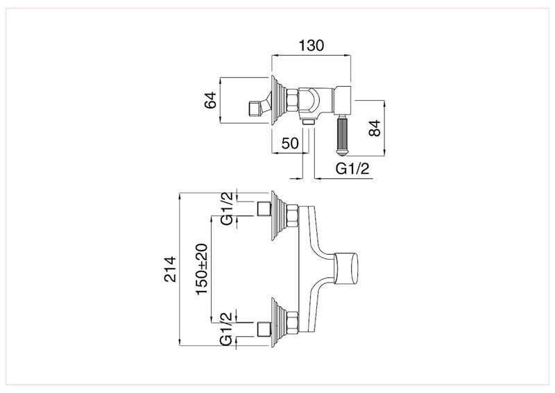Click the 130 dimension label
311,46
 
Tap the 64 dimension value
210,100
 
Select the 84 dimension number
374,128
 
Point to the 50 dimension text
290,143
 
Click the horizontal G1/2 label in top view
352,169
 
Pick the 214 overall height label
170,269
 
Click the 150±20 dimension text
202,269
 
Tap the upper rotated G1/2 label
227,208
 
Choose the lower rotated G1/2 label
227,329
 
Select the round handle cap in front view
347,269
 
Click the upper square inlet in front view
264,208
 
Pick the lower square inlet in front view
264,329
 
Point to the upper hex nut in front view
292,215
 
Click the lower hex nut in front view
292,322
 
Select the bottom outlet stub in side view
309,122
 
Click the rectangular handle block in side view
342,100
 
